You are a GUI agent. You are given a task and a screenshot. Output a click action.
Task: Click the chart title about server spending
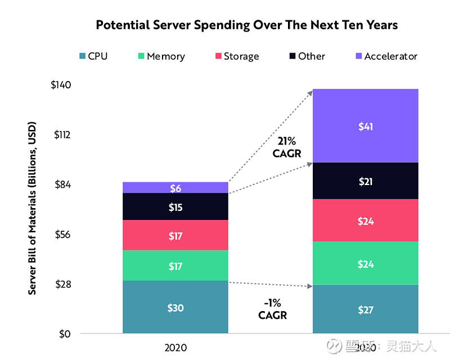tap(246, 25)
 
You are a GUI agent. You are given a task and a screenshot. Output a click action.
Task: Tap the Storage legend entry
tap(236, 56)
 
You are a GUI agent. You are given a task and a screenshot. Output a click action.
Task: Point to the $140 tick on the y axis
tap(60, 85)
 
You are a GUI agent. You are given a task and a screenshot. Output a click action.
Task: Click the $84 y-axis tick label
tap(62, 184)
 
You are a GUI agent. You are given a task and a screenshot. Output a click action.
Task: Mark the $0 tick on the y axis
tap(65, 334)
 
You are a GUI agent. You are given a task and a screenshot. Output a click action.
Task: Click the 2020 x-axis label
tap(175, 348)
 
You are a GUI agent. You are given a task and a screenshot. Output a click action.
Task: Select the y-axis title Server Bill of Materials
tap(32, 208)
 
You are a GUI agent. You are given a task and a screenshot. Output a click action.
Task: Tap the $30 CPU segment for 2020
tap(175, 308)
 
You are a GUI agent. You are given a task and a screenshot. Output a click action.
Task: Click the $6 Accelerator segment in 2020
tap(175, 188)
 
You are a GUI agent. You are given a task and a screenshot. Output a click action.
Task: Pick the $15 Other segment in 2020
tap(175, 207)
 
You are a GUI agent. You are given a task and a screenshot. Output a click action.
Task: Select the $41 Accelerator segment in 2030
tap(366, 127)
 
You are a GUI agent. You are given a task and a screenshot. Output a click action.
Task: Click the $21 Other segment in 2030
tap(366, 181)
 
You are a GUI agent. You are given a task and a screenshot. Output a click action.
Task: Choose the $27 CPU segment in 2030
tap(366, 309)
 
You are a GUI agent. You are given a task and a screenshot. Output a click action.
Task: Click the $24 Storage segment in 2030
tap(366, 221)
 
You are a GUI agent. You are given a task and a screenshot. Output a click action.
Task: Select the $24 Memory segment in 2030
tap(366, 264)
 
